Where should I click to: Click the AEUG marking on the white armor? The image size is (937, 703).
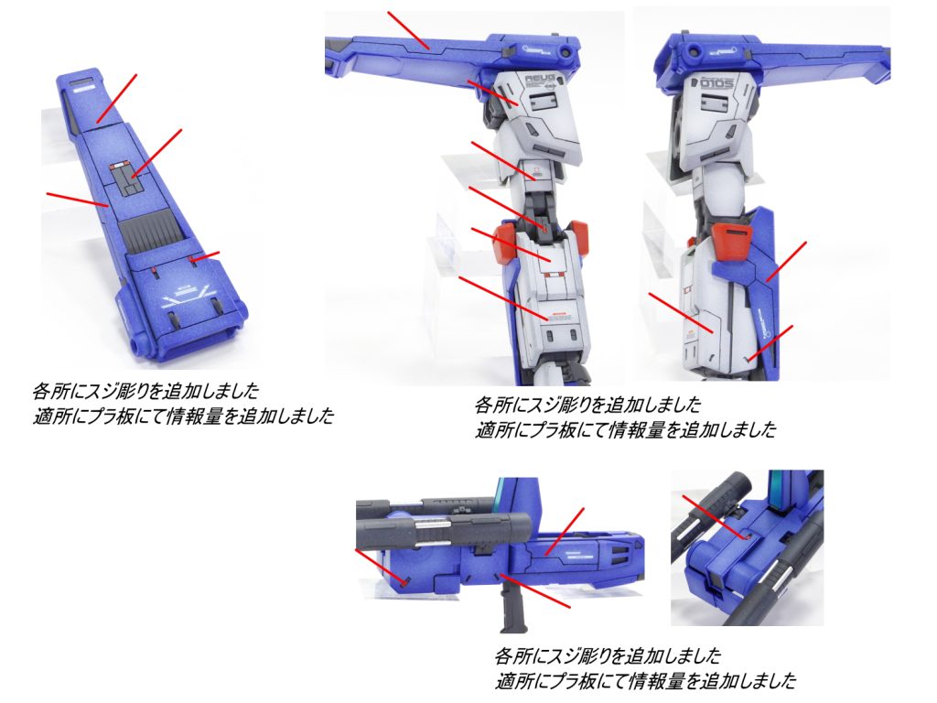[540, 79]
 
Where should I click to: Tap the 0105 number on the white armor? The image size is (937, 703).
[716, 82]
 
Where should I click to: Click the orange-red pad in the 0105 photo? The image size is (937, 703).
[731, 241]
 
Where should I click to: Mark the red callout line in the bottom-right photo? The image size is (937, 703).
[716, 516]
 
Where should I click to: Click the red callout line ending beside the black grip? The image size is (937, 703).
[535, 591]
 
